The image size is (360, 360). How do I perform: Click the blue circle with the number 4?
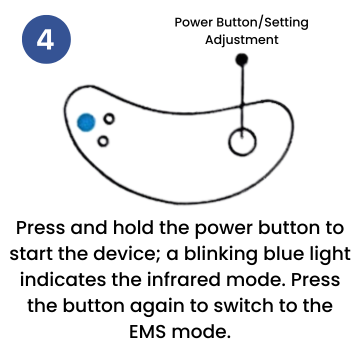pos(46,39)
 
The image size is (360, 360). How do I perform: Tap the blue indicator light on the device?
pos(86,122)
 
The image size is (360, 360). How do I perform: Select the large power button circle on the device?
pos(242,142)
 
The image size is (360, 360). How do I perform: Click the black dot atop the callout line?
pos(242,60)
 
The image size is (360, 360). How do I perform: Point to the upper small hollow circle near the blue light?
pos(109,118)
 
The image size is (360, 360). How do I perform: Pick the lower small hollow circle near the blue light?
pos(103,141)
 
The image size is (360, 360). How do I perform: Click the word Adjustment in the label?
pos(242,40)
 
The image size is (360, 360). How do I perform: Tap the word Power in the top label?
pos(194,23)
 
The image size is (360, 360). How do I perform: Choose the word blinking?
pos(217,255)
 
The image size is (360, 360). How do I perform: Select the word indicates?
pos(63,280)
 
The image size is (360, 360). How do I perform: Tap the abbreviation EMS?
pos(147,332)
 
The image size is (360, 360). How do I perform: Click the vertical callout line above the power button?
pos(242,97)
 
